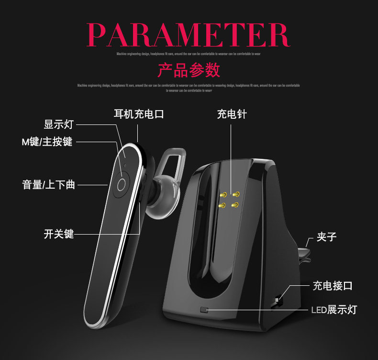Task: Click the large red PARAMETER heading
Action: point(189,34)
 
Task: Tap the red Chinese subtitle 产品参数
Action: point(189,70)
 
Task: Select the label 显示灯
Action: point(58,124)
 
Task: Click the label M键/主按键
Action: point(47,142)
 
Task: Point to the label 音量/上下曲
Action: point(49,185)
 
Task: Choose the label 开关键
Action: point(58,234)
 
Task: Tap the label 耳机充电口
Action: point(139,114)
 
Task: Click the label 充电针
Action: point(232,114)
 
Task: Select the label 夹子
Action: point(327,236)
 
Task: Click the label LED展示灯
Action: point(334,310)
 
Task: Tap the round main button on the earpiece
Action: point(122,185)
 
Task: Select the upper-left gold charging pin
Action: point(222,195)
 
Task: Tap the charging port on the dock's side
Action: point(278,301)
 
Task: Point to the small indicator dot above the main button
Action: point(125,166)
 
